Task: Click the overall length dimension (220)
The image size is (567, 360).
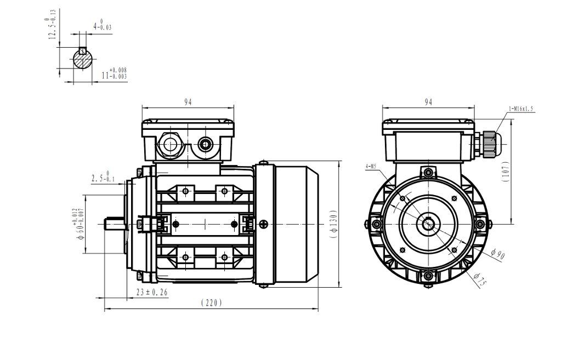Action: point(211,302)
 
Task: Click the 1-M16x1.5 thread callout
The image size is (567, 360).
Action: point(520,109)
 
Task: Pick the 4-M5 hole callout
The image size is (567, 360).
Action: point(371,165)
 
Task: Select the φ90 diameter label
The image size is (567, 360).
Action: point(497,253)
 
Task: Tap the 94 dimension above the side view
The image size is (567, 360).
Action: point(188,102)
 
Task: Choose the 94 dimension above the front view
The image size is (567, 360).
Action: point(428,102)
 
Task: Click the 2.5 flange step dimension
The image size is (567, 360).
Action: point(104,177)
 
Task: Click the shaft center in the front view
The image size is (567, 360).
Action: point(428,224)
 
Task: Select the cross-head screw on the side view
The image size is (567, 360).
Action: point(264,224)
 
